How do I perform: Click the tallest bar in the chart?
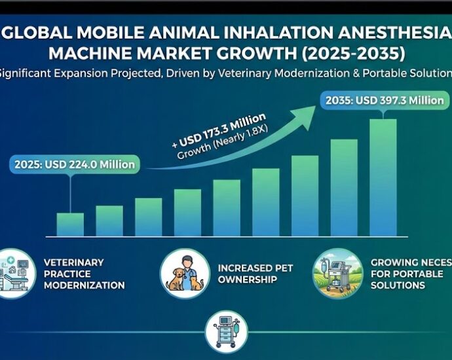(383, 177)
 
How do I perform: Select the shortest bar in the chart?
(70, 224)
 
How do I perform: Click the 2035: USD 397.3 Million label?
(385, 101)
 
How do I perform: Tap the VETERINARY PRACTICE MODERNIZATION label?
(83, 274)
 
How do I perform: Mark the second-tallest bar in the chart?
(344, 187)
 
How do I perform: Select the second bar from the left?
(109, 221)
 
